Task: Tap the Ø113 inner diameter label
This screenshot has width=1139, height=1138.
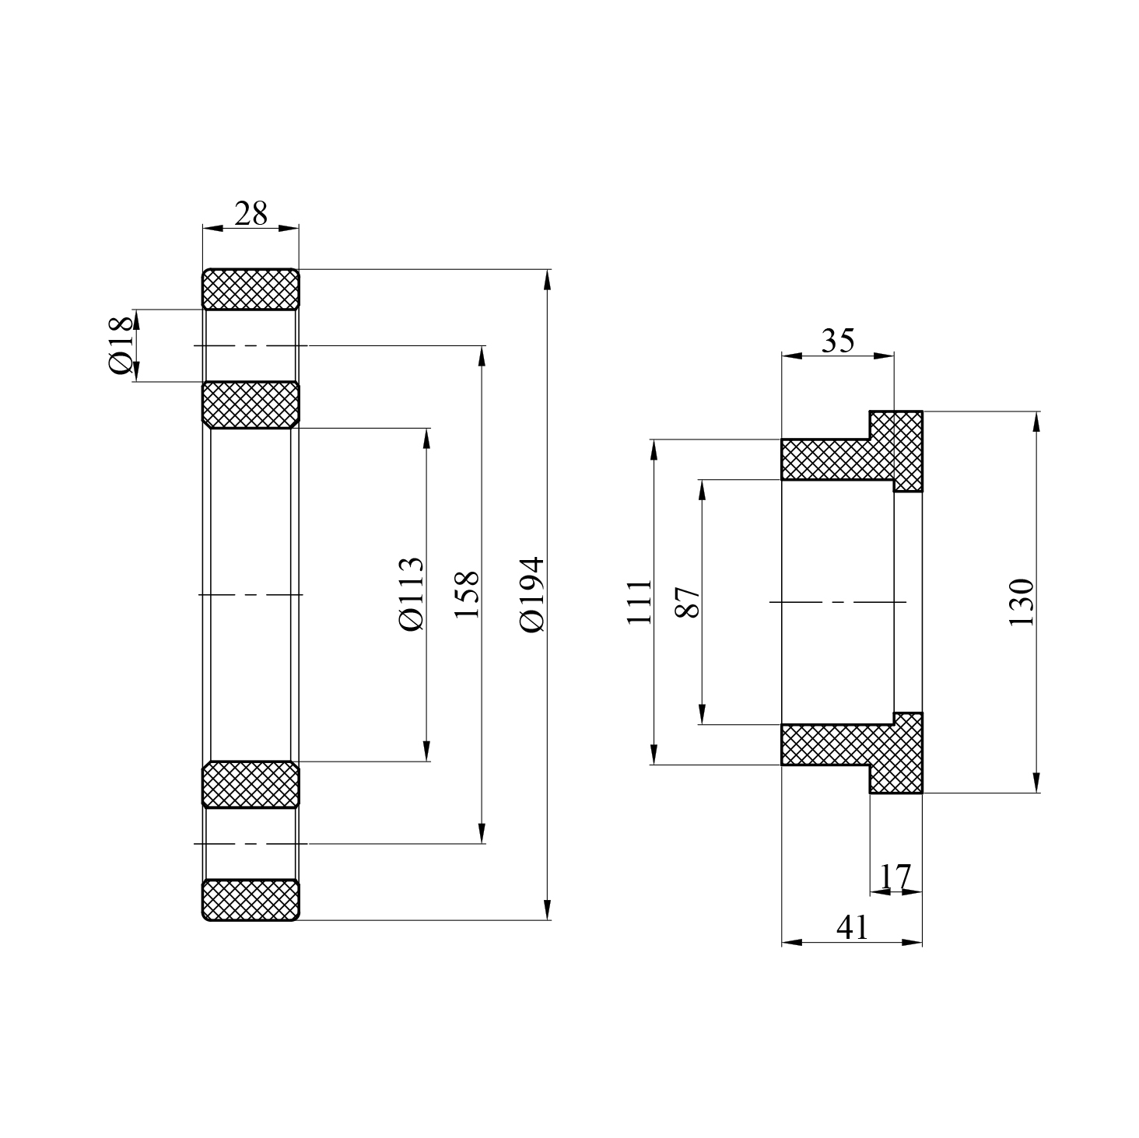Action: click(410, 594)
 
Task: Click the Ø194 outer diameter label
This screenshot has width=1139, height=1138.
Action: click(533, 594)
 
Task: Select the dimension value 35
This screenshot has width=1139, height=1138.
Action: click(837, 340)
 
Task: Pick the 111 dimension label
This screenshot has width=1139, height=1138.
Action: click(638, 601)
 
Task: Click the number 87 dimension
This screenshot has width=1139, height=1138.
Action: click(688, 601)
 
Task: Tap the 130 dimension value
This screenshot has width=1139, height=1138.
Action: click(1020, 601)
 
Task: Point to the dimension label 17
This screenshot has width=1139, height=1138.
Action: click(895, 877)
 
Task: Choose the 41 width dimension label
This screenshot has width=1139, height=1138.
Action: click(851, 926)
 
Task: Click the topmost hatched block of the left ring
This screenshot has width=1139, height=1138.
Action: click(251, 289)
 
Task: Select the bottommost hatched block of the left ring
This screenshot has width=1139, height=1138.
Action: click(251, 900)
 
